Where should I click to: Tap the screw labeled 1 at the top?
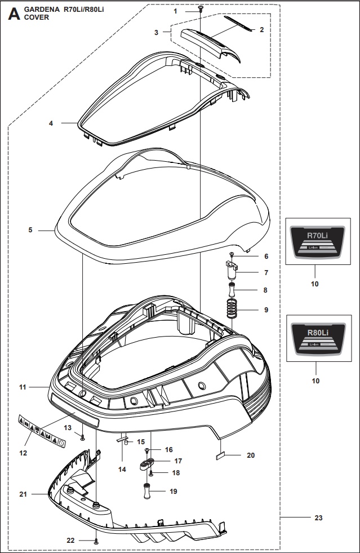click(200, 8)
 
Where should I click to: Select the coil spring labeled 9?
click(231, 308)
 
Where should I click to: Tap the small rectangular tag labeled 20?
click(221, 455)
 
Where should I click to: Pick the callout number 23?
click(318, 517)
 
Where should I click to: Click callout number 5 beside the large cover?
click(30, 230)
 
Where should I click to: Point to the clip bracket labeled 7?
click(231, 273)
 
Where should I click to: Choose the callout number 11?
click(23, 387)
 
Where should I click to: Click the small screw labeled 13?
click(83, 437)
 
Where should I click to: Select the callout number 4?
click(51, 123)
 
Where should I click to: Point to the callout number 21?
click(23, 494)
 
